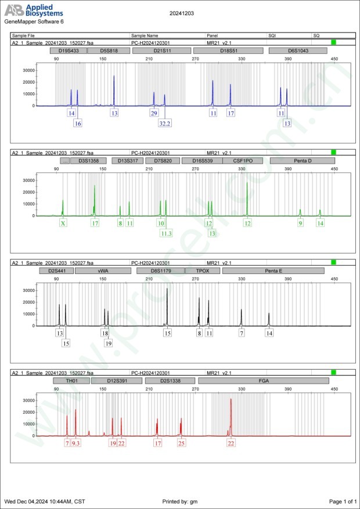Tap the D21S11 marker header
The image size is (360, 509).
[x=161, y=51]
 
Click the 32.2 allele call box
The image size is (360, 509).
[x=164, y=123]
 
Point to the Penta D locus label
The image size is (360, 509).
[x=298, y=160]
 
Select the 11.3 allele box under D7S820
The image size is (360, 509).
[x=166, y=233]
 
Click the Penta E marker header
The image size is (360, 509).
[x=273, y=270]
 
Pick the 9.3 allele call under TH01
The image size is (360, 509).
[x=76, y=443]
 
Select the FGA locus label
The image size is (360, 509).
[x=264, y=381]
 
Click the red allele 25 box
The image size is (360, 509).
[x=181, y=443]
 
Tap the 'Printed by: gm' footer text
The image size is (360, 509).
[x=181, y=501]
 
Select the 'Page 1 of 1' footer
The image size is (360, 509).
[x=342, y=501]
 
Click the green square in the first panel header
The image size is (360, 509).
[x=333, y=42]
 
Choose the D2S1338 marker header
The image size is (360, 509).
[x=170, y=381]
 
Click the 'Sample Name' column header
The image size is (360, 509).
[x=145, y=35]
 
